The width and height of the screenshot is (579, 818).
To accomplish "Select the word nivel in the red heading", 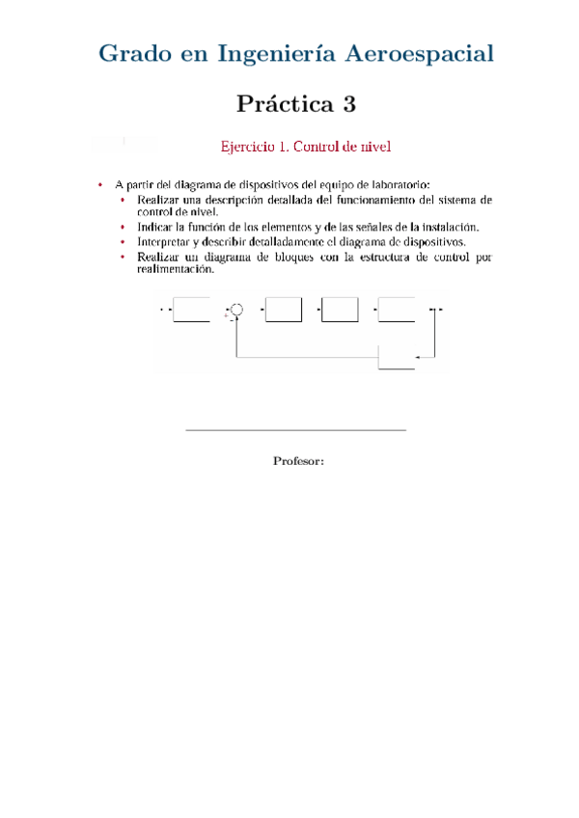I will point(375,148).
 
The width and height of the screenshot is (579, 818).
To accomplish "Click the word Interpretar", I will point(167,241).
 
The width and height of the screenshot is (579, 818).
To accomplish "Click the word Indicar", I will point(157,227).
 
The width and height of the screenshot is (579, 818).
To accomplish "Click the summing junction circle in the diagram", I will point(237,311).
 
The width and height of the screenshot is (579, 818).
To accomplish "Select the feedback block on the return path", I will point(396,360).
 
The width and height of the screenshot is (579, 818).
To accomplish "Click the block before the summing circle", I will point(191,311).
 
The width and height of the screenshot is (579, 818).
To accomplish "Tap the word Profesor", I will point(298,462).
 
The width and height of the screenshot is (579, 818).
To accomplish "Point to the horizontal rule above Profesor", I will point(294,430).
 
